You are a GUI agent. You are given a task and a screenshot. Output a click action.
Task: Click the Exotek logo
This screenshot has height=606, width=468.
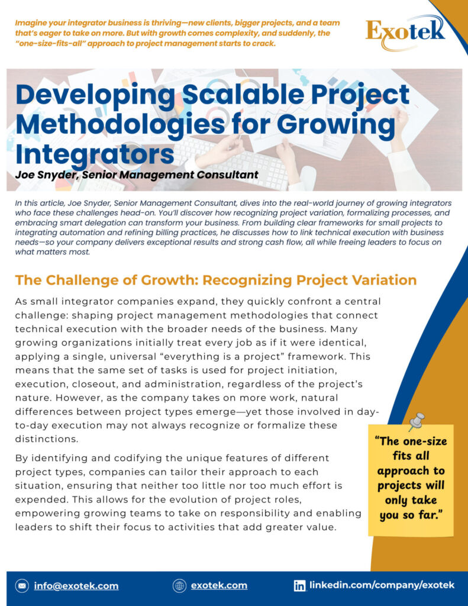tap(405, 30)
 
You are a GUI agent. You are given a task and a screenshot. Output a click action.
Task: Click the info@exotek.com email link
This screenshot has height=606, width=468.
tap(76, 586)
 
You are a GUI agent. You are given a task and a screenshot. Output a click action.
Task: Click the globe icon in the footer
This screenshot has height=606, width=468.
tap(179, 586)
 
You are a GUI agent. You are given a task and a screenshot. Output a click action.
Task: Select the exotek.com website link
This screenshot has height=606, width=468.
tap(219, 586)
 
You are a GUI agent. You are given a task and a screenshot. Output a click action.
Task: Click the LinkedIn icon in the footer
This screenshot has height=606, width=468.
tap(300, 586)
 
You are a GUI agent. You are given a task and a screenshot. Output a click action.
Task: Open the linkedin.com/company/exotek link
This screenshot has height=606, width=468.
tap(382, 585)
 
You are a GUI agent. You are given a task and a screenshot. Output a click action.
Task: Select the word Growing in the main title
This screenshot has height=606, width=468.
tap(339, 124)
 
